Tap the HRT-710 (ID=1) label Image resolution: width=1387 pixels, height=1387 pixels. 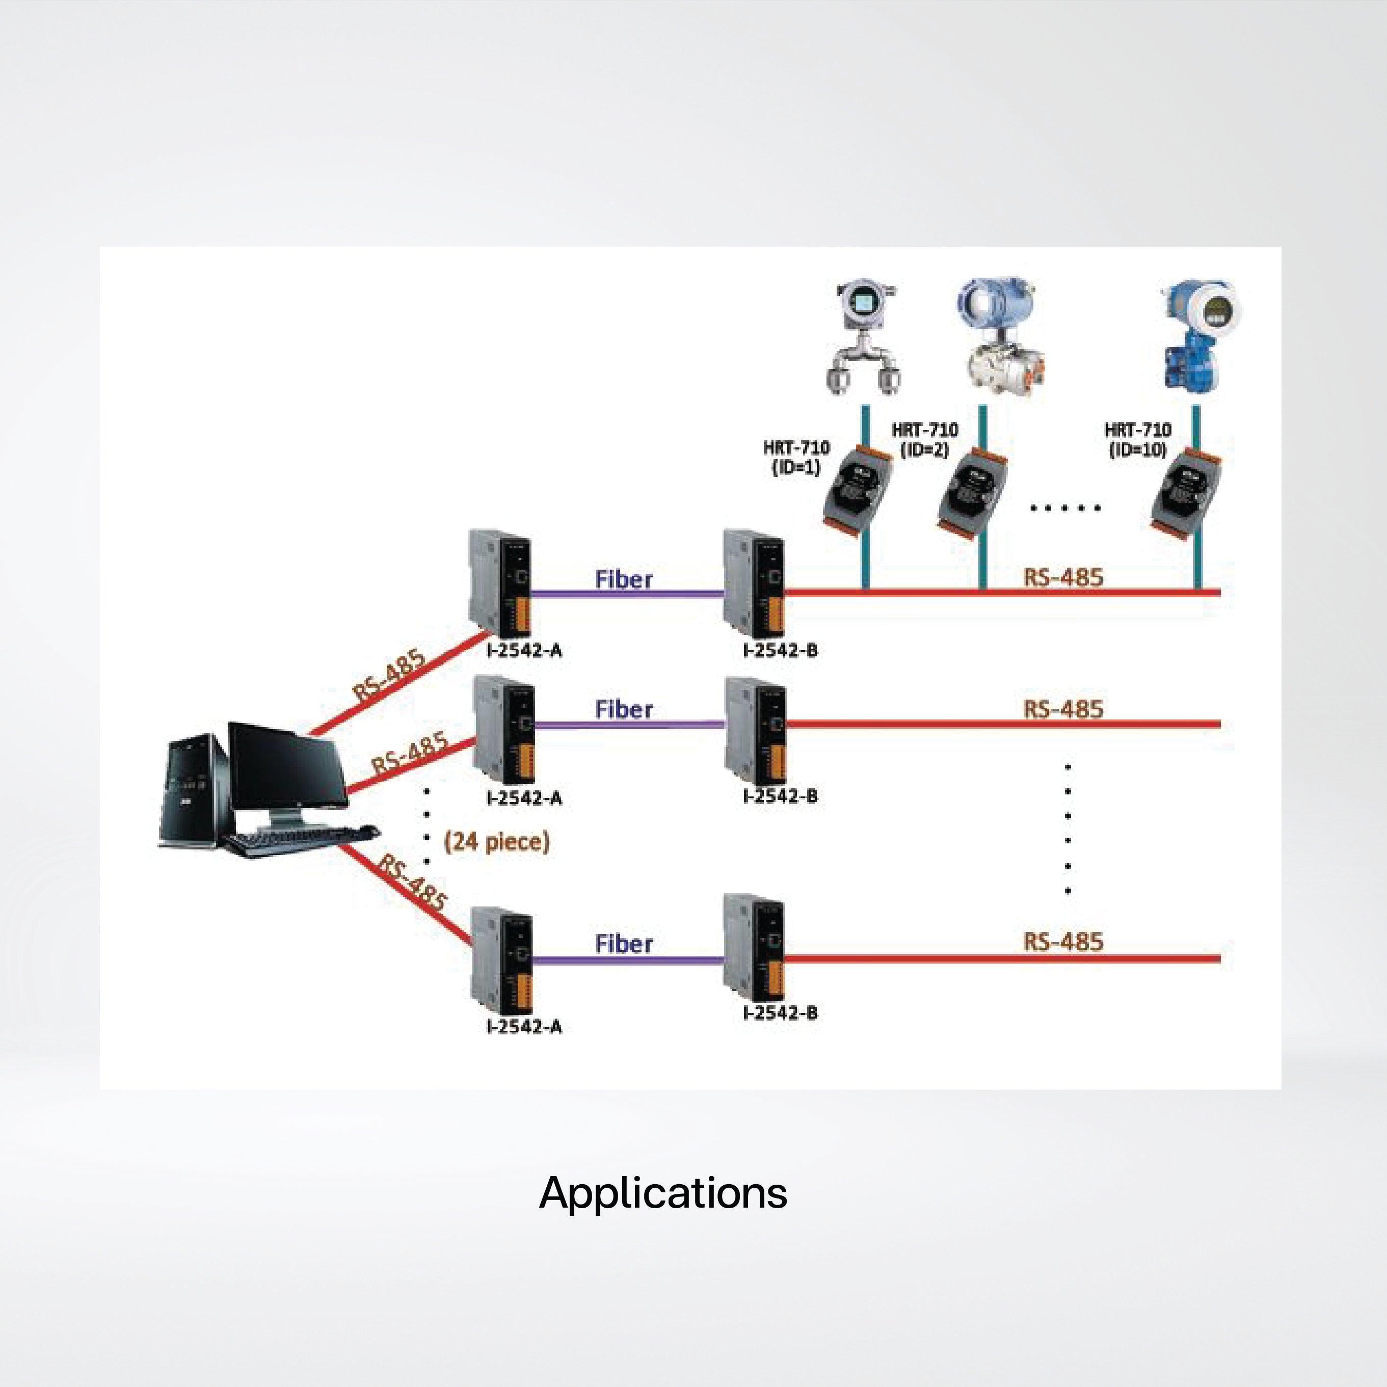pos(796,457)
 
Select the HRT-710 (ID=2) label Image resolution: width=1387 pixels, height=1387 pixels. pos(925,439)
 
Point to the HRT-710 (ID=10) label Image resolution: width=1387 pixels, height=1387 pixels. pos(1138,439)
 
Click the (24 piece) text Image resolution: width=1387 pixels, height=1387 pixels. pos(497,841)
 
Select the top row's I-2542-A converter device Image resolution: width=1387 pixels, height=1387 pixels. pos(500,585)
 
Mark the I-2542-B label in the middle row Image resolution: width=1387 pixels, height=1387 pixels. pos(780,795)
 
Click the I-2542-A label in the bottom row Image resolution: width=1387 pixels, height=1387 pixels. pos(524,1027)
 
